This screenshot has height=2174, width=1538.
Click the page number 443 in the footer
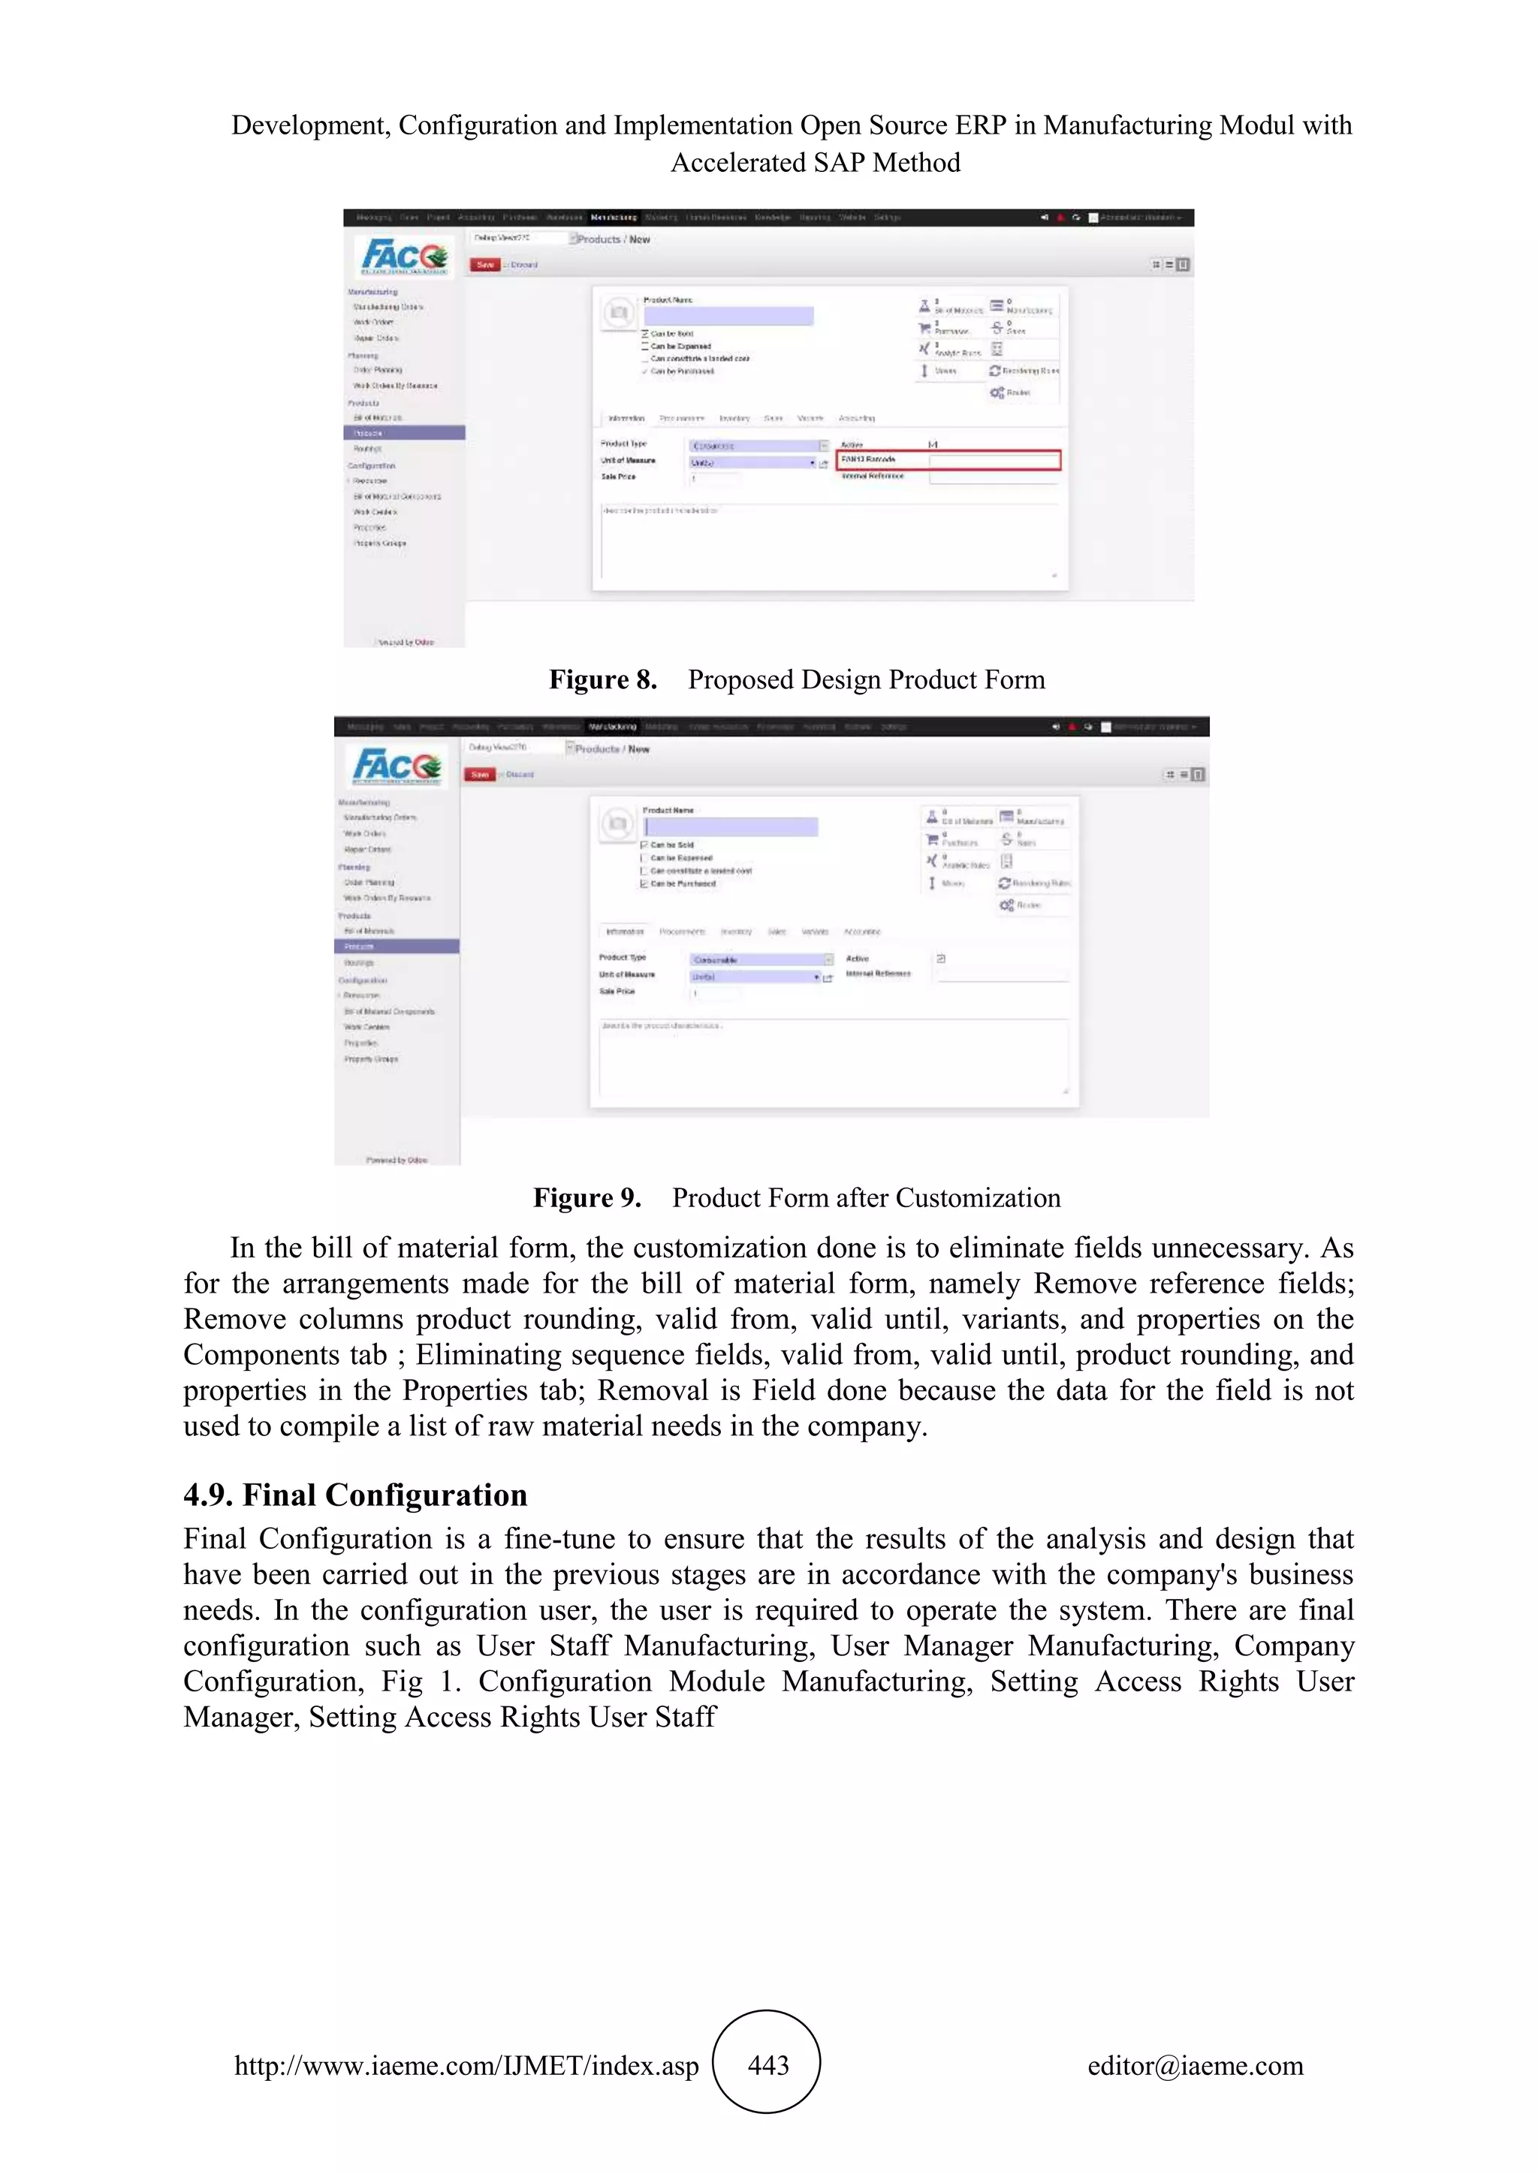[x=767, y=2065]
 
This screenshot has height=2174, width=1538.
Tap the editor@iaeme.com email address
[x=1195, y=2065]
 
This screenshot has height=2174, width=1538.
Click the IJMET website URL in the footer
[x=466, y=2065]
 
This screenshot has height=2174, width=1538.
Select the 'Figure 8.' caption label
[x=602, y=680]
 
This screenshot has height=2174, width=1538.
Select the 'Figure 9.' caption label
[x=587, y=1198]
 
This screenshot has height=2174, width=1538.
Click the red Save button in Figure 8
[x=486, y=264]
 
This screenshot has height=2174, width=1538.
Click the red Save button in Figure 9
[x=480, y=774]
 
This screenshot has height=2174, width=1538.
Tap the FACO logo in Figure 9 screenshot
[x=397, y=765]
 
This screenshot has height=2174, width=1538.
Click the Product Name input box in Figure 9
[x=730, y=827]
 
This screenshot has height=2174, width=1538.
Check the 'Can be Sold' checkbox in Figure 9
[x=645, y=845]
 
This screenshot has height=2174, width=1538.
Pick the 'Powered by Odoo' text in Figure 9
[x=397, y=1159]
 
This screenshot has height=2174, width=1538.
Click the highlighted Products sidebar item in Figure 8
[x=404, y=432]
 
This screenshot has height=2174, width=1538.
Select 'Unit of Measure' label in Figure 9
[x=626, y=974]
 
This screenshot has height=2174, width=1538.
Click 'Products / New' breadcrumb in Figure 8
[x=614, y=239]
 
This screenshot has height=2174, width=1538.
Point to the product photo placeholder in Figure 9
[x=617, y=824]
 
